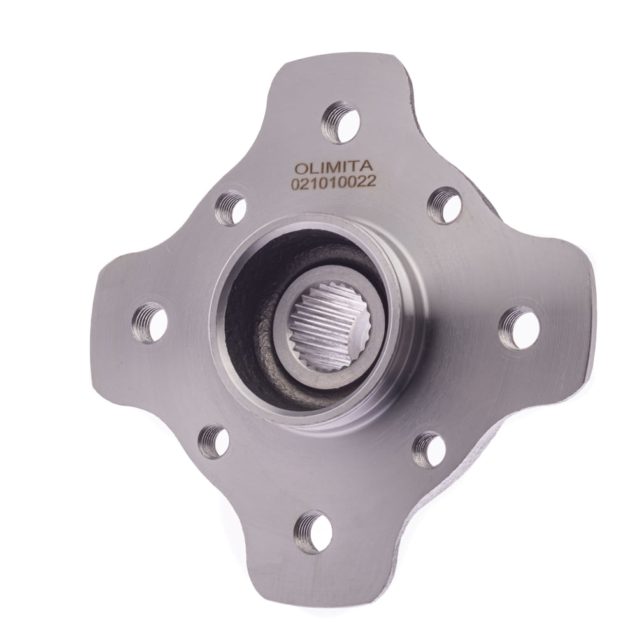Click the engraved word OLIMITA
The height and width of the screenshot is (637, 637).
point(333,168)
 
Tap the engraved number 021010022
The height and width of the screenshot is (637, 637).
point(333,183)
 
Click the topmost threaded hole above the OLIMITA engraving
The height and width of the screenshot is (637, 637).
point(341,122)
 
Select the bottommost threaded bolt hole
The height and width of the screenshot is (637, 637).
point(313,531)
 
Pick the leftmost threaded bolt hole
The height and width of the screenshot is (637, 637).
point(150,323)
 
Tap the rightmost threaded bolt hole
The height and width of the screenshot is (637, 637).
point(519,328)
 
